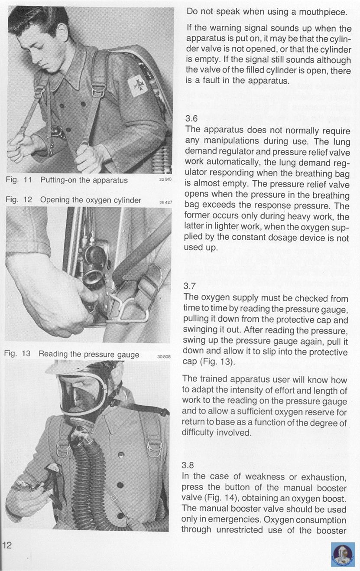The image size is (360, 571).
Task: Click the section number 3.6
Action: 191,118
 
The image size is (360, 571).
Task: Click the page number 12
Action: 7,545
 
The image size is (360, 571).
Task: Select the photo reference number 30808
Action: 165,356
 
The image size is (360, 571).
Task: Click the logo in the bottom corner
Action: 343,554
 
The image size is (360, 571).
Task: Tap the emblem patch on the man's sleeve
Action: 138,85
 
